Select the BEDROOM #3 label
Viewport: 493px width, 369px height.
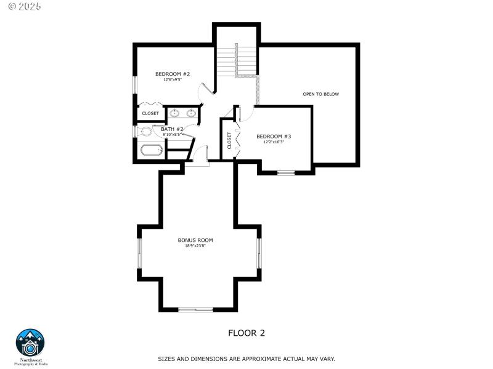(x=274, y=136)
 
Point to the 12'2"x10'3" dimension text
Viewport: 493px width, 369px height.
(x=274, y=142)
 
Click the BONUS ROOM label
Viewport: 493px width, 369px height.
(x=195, y=240)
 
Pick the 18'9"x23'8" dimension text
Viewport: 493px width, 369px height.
(x=195, y=246)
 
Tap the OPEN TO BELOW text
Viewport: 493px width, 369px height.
(x=320, y=94)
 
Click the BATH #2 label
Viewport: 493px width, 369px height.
(x=172, y=129)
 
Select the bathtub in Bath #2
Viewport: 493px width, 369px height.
(x=150, y=150)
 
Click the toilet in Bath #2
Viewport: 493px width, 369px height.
(x=145, y=131)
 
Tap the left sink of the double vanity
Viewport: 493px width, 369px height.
(x=175, y=113)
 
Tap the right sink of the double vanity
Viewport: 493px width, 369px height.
(x=191, y=113)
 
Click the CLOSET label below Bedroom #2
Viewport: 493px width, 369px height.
(x=150, y=113)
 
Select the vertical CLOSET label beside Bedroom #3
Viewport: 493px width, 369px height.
(x=229, y=141)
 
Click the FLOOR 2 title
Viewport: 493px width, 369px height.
(x=246, y=333)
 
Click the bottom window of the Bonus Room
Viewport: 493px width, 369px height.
(x=196, y=309)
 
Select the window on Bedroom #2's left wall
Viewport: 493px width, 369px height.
(x=135, y=85)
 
